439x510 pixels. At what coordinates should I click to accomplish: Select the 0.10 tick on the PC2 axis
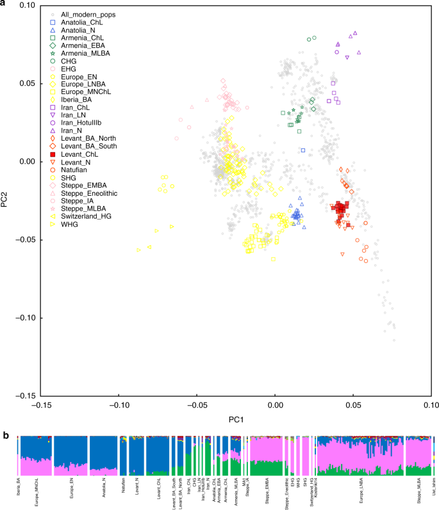[26, 6]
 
